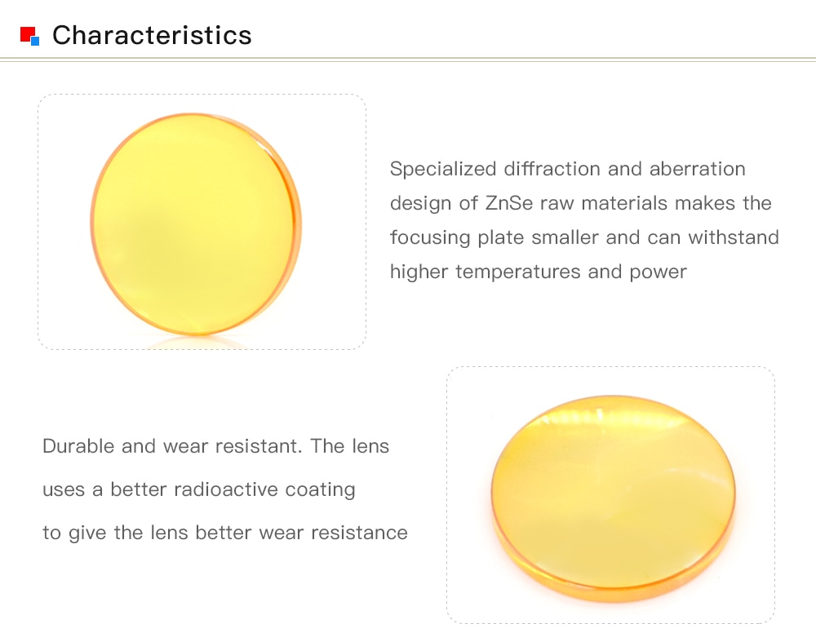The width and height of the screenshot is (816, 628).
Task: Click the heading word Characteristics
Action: pyautogui.click(x=152, y=35)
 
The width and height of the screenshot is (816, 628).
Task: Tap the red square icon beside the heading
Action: pyautogui.click(x=28, y=33)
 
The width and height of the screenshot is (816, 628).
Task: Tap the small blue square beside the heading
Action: pyautogui.click(x=35, y=41)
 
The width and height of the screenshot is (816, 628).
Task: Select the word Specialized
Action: pyautogui.click(x=443, y=170)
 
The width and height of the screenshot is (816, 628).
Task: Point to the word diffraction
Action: pyautogui.click(x=552, y=169)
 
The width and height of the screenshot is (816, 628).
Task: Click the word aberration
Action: pyautogui.click(x=698, y=169)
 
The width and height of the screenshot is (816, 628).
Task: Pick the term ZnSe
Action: pyautogui.click(x=509, y=203)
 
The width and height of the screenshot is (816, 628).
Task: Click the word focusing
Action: pyautogui.click(x=430, y=238)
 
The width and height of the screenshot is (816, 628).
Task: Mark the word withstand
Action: pyautogui.click(x=734, y=237)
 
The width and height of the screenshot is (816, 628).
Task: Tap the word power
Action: pyautogui.click(x=658, y=273)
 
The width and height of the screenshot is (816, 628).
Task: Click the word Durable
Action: pyautogui.click(x=78, y=446)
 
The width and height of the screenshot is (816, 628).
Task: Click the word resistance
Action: pyautogui.click(x=359, y=533)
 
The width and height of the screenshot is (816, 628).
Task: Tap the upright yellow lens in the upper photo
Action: pyautogui.click(x=196, y=223)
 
